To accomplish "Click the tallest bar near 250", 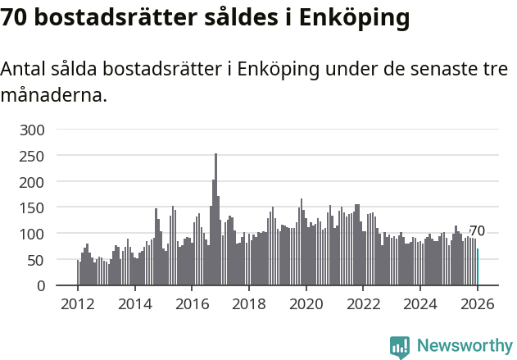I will point(216,220).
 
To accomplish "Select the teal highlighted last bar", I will point(478,267).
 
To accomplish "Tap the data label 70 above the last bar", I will point(477,231).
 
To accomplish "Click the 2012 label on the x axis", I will point(78,304).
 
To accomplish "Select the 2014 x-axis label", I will point(135,304).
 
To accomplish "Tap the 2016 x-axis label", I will point(192,304).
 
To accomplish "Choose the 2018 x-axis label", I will point(249,304).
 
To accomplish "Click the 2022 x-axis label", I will point(363,304).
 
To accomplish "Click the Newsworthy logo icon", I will point(400,348).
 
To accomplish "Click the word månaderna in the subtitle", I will point(53,95).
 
